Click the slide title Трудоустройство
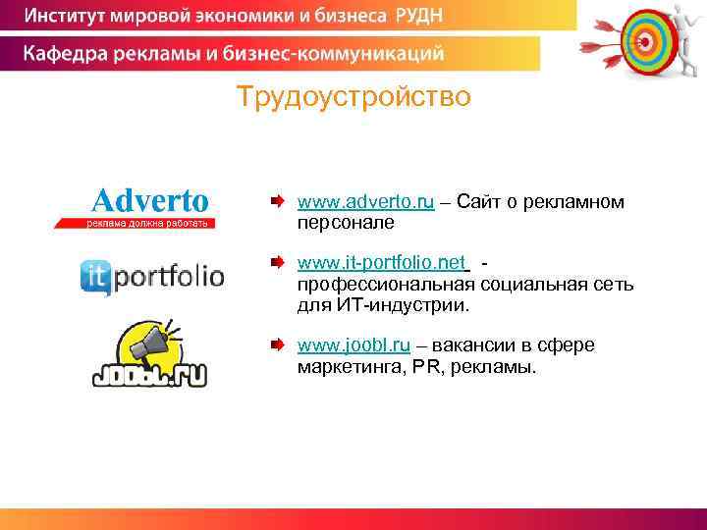(353, 98)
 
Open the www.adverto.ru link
(365, 202)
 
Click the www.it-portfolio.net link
(381, 263)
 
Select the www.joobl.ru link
(353, 345)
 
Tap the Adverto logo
(150, 200)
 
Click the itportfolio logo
(152, 276)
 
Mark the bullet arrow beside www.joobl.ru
(279, 345)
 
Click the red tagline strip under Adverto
(134, 223)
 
